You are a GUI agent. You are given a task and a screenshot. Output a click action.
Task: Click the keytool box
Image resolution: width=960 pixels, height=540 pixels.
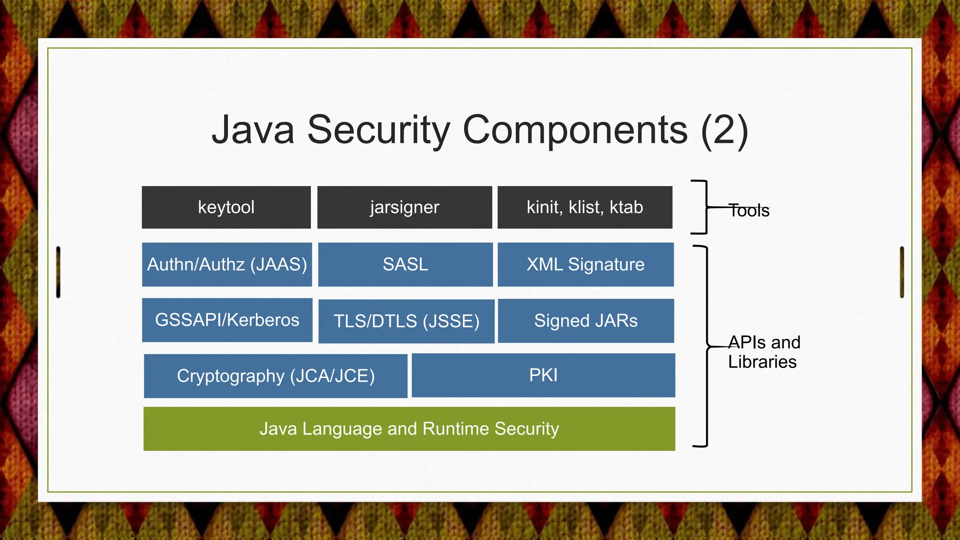tap(226, 207)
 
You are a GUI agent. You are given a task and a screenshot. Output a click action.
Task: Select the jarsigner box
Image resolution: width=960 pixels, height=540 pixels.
tap(405, 207)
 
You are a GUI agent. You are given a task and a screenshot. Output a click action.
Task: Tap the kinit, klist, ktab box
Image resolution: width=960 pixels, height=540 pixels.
tap(585, 207)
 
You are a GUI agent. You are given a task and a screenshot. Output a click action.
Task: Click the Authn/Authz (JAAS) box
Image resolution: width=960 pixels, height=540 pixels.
tap(227, 264)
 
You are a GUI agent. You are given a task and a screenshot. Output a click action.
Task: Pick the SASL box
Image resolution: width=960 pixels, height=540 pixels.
tap(405, 264)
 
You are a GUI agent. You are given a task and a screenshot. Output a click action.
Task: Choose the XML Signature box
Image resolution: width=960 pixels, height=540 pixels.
tap(585, 264)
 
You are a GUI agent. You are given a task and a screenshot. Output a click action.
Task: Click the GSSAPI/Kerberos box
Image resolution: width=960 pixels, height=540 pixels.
tap(227, 320)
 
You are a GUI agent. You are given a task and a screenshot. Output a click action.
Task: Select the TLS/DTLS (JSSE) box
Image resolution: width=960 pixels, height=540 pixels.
tap(406, 321)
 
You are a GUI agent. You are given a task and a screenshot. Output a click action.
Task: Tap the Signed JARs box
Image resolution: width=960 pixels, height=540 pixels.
tap(585, 321)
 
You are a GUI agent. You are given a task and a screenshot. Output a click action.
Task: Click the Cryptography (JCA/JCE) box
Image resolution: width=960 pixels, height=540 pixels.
tap(276, 376)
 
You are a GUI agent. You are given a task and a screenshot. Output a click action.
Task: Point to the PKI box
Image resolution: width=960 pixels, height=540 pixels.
tap(543, 375)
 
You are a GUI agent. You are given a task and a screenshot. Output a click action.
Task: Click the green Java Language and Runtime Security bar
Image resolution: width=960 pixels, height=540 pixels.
tap(409, 429)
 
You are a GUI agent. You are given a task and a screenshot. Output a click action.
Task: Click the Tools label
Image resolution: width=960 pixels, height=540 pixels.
tap(749, 211)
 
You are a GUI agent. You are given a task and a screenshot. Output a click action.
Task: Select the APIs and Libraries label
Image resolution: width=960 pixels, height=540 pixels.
tap(764, 352)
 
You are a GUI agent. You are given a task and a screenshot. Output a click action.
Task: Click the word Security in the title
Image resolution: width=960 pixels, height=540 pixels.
tap(379, 130)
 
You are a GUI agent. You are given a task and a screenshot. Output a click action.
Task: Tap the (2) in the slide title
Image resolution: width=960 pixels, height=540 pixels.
tap(724, 130)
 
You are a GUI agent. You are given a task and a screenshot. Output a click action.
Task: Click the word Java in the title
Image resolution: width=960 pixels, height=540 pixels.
tap(253, 130)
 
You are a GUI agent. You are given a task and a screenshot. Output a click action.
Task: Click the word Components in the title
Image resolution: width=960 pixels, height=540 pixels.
tap(576, 130)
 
